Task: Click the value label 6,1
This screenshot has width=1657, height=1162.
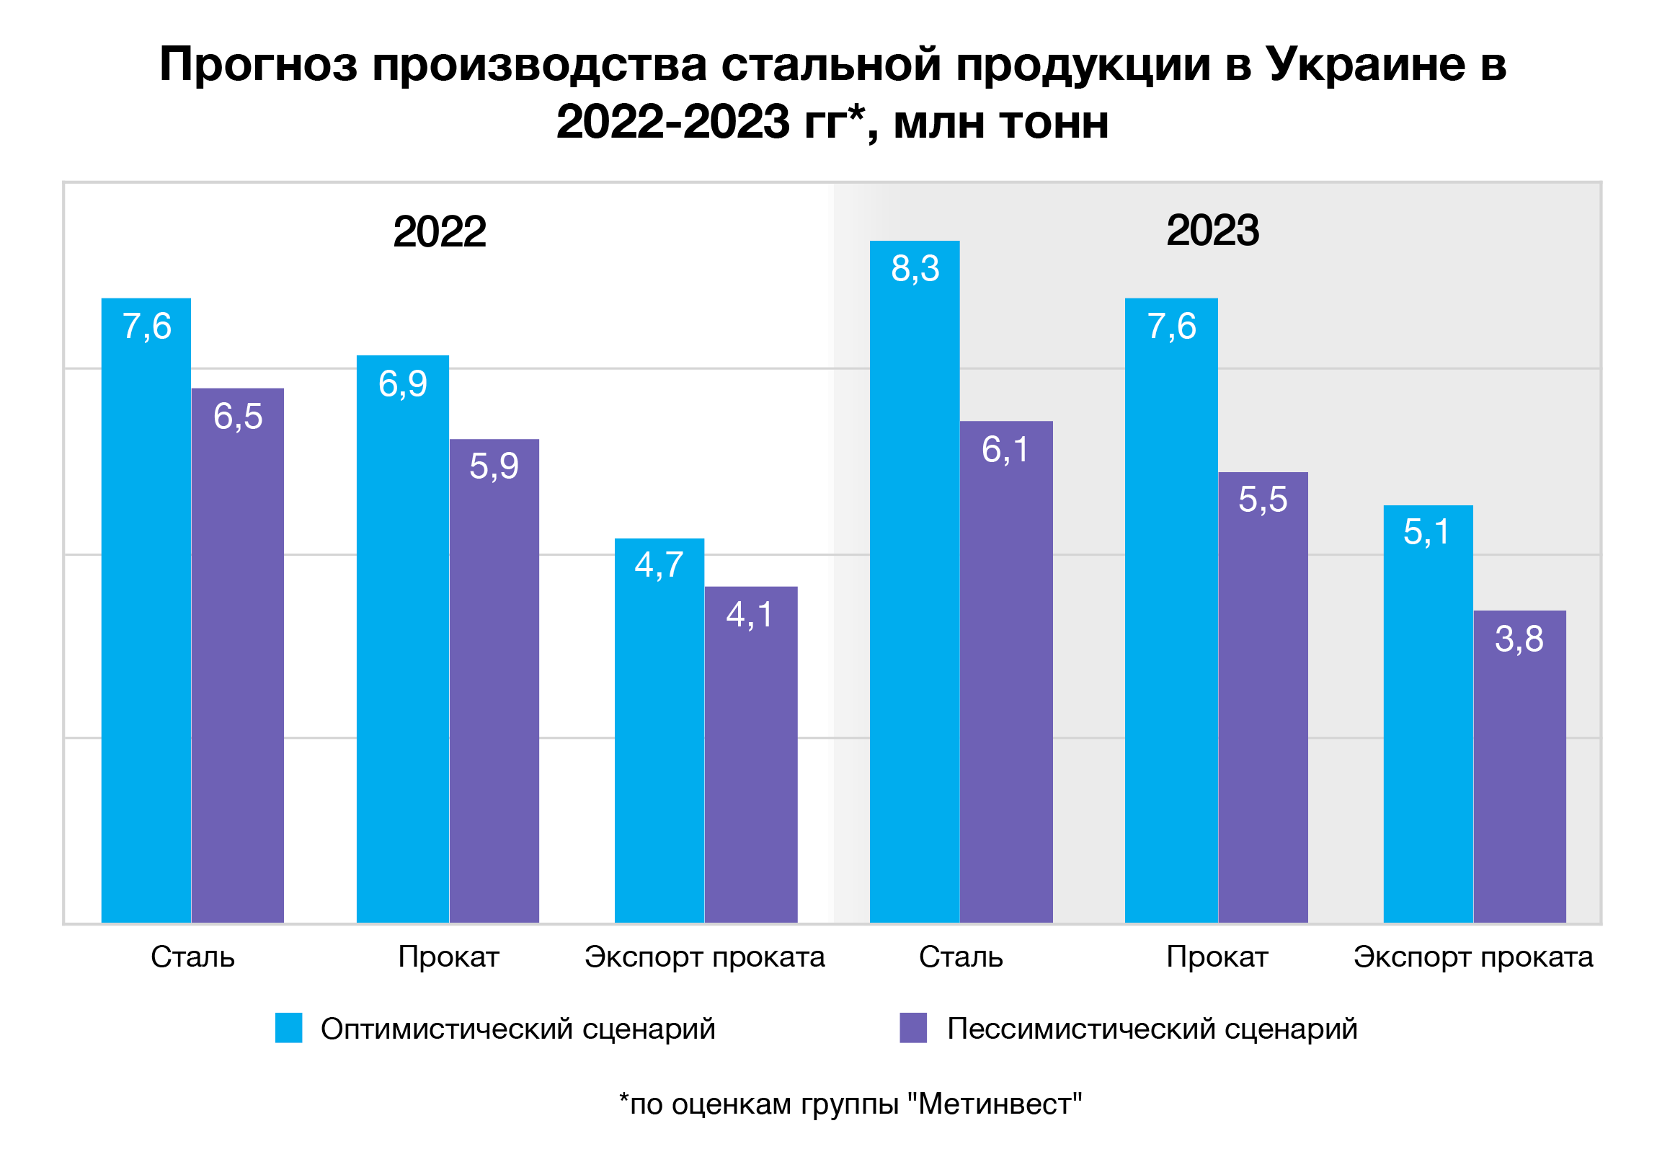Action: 1005,450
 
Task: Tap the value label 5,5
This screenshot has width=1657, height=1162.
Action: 1262,500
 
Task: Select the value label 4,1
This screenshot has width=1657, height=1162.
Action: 750,615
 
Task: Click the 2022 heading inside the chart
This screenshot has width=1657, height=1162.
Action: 439,231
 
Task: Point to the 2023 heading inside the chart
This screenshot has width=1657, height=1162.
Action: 1212,231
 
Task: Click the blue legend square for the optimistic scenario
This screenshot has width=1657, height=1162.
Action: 289,1028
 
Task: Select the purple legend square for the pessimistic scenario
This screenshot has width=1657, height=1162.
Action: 913,1028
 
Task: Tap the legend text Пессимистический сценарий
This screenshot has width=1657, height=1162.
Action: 1152,1029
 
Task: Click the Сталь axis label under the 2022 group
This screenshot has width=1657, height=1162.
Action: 192,957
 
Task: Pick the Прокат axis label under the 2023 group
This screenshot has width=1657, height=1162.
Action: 1217,957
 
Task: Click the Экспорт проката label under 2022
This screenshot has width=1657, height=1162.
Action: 704,957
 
